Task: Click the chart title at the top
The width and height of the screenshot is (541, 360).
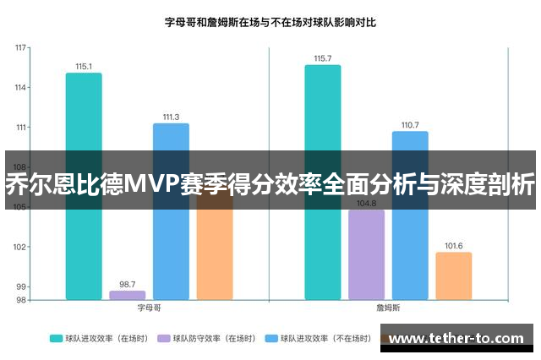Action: (x=270, y=23)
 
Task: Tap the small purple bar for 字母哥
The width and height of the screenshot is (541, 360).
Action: (x=127, y=295)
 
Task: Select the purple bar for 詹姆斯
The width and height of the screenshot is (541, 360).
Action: (x=366, y=254)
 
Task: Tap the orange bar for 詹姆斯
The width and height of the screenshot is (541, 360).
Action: (x=453, y=275)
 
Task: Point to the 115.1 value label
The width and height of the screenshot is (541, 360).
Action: (x=84, y=66)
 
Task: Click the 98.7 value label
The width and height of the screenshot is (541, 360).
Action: (x=127, y=284)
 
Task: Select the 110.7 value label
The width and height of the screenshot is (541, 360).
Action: (x=410, y=125)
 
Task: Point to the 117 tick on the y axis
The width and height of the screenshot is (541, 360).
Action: (x=20, y=48)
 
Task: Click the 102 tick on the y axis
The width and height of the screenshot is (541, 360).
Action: (x=20, y=247)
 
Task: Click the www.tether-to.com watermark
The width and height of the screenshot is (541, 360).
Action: (x=456, y=339)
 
